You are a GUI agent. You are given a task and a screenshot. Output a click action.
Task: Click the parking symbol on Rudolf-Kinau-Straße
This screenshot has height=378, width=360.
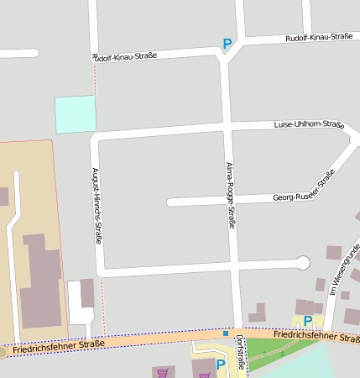click(227, 44)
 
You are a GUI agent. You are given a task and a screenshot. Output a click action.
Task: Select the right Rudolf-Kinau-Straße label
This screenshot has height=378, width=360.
click(318, 37)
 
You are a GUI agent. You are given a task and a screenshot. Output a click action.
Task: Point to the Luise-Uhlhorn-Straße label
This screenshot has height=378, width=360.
click(309, 125)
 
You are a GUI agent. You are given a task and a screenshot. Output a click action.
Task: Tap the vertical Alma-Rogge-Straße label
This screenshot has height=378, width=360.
click(231, 196)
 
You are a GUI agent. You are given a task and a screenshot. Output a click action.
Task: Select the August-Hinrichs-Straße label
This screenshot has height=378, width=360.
click(97, 205)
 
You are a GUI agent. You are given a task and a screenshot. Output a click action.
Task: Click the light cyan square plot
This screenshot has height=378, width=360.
click(76, 113)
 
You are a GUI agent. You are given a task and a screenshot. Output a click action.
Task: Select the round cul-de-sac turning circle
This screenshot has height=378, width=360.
click(304, 263)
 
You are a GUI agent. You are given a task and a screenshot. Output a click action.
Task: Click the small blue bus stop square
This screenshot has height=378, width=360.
click(225, 333)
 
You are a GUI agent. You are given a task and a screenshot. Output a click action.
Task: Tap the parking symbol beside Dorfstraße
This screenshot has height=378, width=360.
click(221, 365)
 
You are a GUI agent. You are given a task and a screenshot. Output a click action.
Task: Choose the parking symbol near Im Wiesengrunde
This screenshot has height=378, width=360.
click(308, 321)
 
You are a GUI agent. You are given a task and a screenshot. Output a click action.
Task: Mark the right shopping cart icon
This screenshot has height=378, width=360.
click(204, 375)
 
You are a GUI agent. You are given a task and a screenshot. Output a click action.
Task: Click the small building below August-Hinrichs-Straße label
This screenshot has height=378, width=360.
click(87, 292)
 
